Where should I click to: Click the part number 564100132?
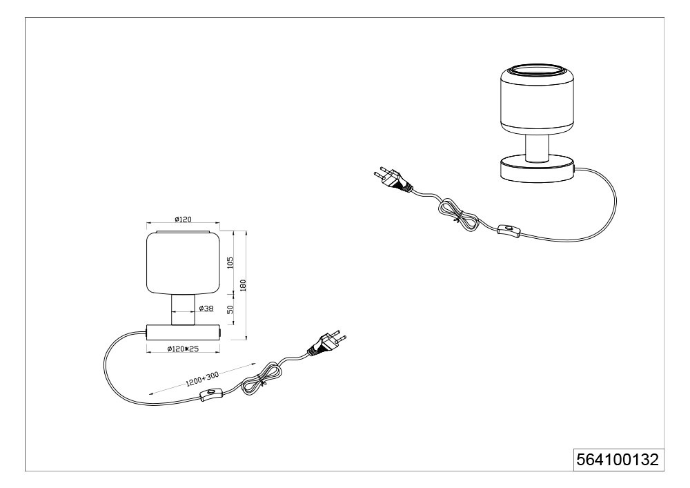click(618, 460)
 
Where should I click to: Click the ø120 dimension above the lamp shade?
click(183, 219)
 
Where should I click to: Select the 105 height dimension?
click(230, 263)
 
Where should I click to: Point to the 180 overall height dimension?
click(243, 284)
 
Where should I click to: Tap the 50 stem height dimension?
click(230, 310)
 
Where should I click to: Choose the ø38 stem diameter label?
click(206, 309)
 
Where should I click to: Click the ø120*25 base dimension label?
click(183, 349)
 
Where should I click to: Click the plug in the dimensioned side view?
click(326, 342)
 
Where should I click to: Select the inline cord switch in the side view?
click(211, 394)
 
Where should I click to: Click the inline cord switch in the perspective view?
click(509, 230)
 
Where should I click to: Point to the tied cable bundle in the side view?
click(261, 378)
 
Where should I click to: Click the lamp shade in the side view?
click(183, 262)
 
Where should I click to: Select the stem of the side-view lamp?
click(183, 310)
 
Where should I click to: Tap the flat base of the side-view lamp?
click(183, 331)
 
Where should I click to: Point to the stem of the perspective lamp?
click(538, 149)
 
